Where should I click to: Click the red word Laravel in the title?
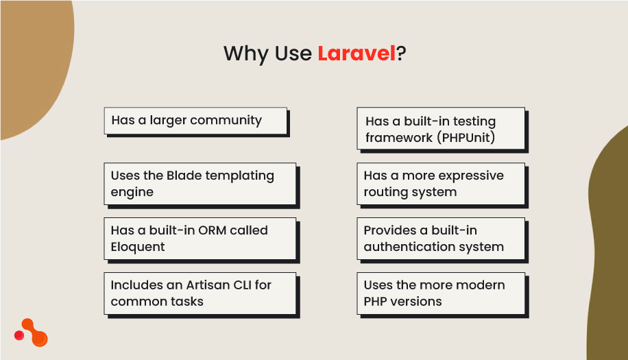(357, 53)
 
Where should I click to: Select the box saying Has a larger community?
(195, 121)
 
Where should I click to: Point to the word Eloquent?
(138, 247)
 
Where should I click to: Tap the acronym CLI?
(241, 285)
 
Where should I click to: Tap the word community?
(226, 121)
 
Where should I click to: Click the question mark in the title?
(401, 53)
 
